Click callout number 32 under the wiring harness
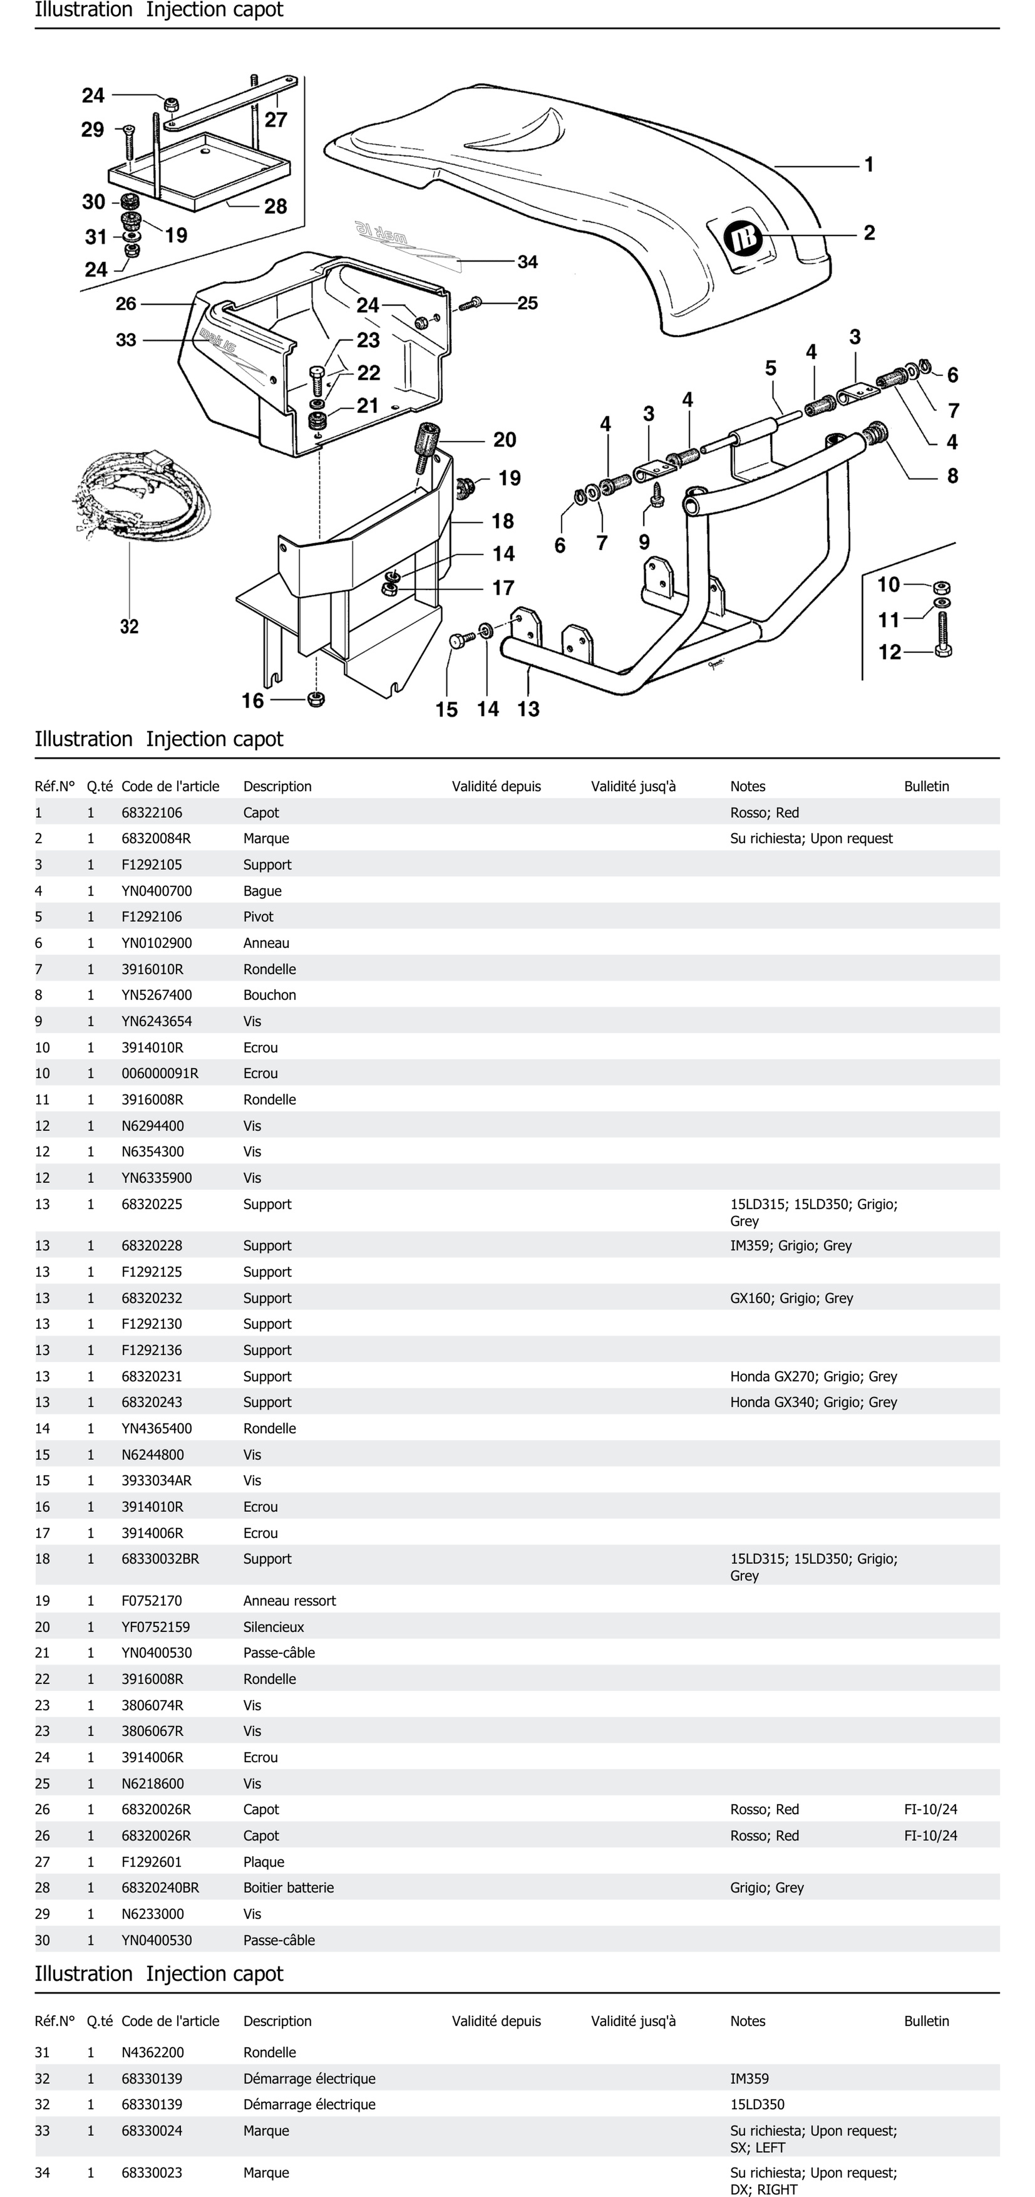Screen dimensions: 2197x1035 (x=129, y=627)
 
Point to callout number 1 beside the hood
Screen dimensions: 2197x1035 (x=869, y=165)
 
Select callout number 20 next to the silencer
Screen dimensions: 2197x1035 (x=505, y=440)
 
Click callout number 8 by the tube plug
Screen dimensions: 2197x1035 (x=952, y=476)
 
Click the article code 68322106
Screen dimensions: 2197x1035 (x=152, y=813)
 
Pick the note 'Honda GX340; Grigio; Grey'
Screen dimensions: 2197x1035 (x=813, y=1402)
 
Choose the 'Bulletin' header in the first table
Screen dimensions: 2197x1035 (x=926, y=786)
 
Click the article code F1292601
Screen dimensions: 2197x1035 (x=152, y=1862)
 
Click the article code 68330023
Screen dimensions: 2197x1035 (x=152, y=2172)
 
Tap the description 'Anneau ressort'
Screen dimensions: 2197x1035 (x=289, y=1601)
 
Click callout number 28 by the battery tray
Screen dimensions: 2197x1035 (x=275, y=206)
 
